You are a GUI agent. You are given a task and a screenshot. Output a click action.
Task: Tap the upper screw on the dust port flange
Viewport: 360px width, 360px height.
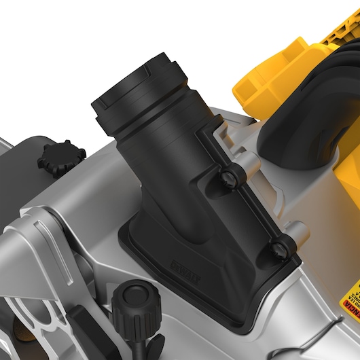[229, 178]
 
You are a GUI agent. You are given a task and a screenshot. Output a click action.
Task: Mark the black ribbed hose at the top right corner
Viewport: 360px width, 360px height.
[340, 75]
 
